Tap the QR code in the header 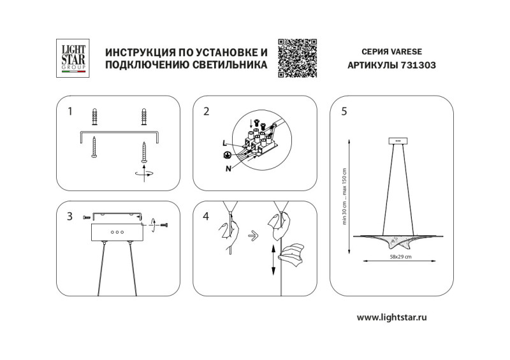[296, 58]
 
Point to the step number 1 [70, 112]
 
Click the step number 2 [206, 112]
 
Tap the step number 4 [206, 216]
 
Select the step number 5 [344, 112]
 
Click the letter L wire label [225, 144]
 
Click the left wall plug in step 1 [96, 118]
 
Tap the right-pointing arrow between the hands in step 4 [252, 234]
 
